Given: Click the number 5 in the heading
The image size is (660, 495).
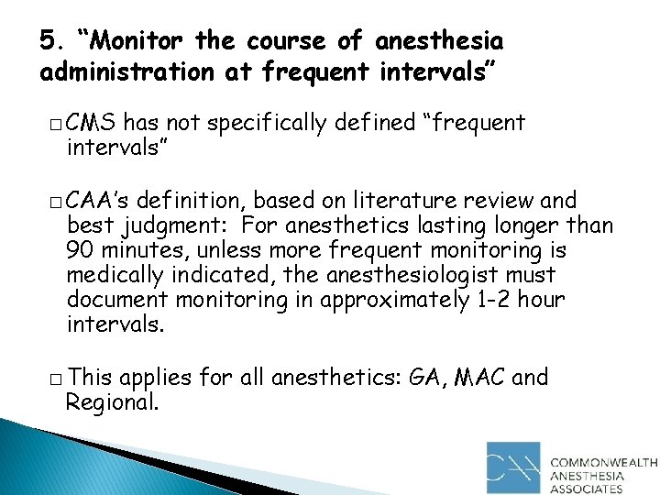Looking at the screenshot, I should pos(48,41).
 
